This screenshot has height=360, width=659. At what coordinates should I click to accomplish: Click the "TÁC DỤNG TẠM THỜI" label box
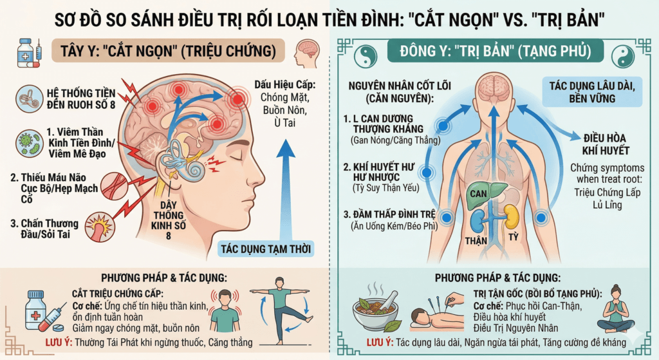pyautogui.click(x=266, y=249)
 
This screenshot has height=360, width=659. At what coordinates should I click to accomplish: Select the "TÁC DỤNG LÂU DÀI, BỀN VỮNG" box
pyautogui.click(x=592, y=92)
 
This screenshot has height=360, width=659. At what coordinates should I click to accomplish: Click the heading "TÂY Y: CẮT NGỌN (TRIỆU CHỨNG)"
pyautogui.click(x=168, y=51)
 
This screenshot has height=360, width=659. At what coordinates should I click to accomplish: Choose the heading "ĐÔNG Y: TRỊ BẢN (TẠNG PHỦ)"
pyautogui.click(x=495, y=51)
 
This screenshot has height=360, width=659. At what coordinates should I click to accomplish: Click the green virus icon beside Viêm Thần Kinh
pyautogui.click(x=30, y=144)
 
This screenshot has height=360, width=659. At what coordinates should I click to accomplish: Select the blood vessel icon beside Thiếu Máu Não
pyautogui.click(x=115, y=185)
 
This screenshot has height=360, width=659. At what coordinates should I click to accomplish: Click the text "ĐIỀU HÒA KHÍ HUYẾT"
pyautogui.click(x=606, y=144)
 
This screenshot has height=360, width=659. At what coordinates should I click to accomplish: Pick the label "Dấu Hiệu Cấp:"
pyautogui.click(x=284, y=84)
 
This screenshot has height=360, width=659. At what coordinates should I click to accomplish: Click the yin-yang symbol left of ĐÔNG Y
pyautogui.click(x=366, y=56)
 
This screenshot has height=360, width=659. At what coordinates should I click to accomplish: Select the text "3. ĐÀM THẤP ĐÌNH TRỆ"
pyautogui.click(x=389, y=214)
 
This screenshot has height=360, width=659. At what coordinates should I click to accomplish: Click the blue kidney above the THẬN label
pyautogui.click(x=479, y=221)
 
